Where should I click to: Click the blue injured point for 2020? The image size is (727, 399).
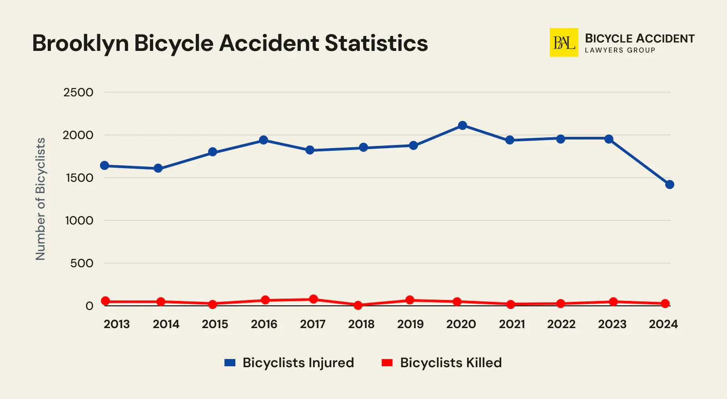462,125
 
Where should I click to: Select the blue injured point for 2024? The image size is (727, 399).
669,185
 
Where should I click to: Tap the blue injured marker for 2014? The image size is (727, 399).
158,169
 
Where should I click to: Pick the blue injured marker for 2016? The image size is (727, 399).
264,140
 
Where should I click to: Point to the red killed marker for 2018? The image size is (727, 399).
358,305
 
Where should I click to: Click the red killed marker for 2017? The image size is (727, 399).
313,299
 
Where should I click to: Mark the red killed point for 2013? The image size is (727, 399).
105,301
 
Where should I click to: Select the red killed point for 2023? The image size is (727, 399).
613,302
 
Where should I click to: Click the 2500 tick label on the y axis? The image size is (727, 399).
78,93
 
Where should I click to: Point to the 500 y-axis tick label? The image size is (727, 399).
82,264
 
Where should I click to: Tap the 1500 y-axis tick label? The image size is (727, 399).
79,178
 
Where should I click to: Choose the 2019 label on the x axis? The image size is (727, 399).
410,324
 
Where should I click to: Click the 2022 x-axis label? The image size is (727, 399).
561,324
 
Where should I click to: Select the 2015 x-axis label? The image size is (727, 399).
215,324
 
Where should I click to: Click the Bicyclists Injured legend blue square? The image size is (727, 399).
230,363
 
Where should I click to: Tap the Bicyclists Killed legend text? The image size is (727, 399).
451,363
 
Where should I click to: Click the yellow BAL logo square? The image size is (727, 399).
564,43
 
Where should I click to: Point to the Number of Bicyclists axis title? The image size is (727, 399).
41,199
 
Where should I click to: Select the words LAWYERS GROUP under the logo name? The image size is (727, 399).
620,50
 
